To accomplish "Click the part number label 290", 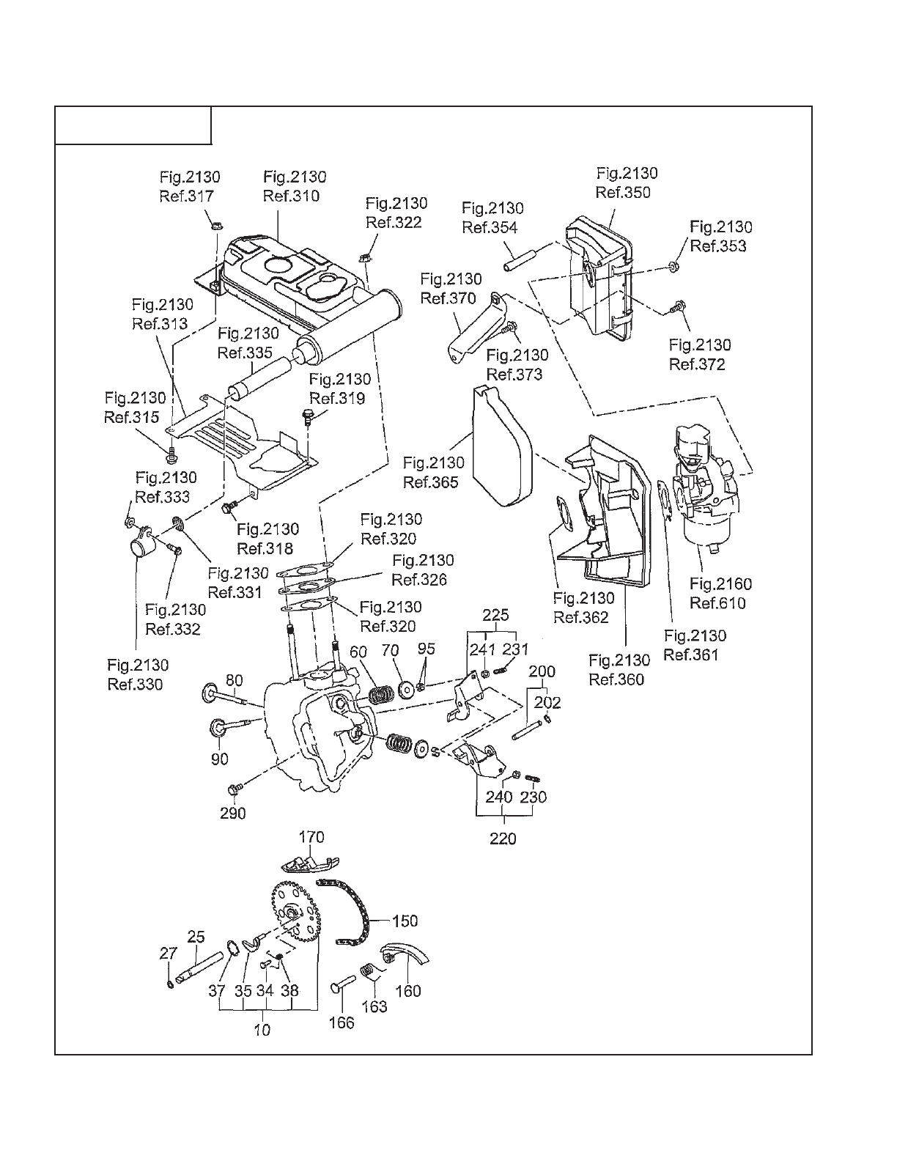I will click(232, 813).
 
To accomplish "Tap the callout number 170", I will click(311, 837).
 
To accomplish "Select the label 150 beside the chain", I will click(405, 921).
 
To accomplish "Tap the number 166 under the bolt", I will click(342, 1022).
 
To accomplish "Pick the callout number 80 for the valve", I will click(233, 680).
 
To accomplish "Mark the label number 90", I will click(220, 759).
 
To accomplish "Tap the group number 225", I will click(496, 615).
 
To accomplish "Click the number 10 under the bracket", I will click(262, 1030).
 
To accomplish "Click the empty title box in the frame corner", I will click(134, 125).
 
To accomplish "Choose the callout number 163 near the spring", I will click(374, 1006).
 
